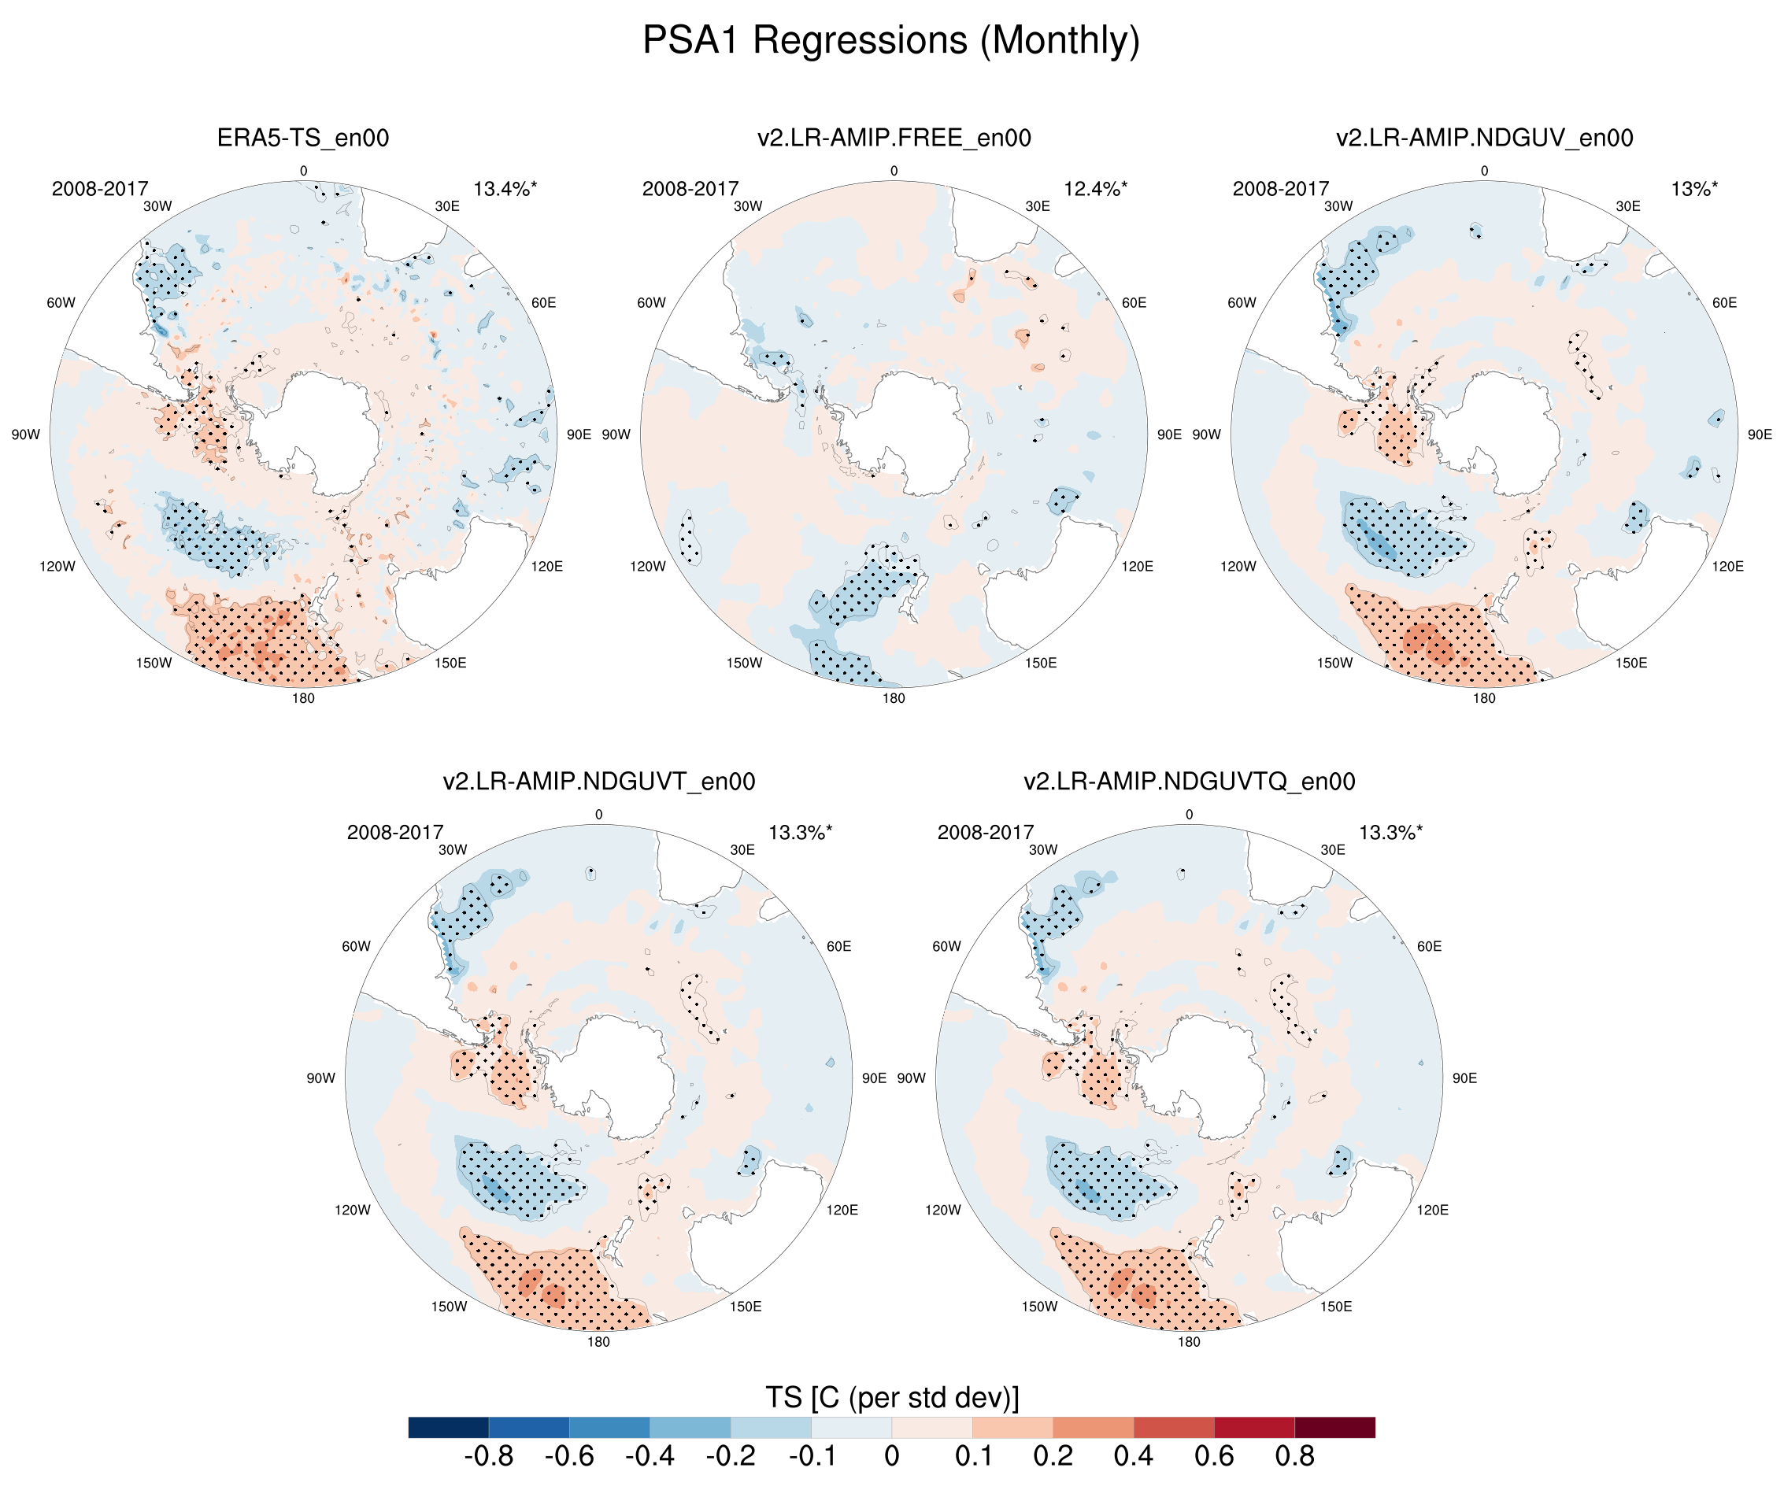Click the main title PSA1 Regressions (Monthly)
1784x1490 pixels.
890,41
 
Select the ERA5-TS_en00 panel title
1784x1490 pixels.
303,138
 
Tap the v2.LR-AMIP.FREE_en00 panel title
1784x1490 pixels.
894,138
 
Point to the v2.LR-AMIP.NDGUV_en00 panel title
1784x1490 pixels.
1484,138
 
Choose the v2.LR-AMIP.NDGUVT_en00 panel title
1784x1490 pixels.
599,782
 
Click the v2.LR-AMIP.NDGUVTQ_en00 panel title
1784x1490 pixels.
1190,782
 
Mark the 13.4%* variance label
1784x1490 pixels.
505,189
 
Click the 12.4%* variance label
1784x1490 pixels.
1095,189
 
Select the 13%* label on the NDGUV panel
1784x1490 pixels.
1694,189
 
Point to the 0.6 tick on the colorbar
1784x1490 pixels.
1214,1456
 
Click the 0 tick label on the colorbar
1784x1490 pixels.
892,1456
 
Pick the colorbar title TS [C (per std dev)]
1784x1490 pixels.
892,1397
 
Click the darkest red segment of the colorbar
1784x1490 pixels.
1334,1427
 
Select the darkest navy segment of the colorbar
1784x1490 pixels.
449,1427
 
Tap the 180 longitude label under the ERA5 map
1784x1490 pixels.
303,698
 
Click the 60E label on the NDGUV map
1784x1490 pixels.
1723,302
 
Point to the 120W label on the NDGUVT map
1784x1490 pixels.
353,1210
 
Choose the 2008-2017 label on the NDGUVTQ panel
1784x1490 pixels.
986,833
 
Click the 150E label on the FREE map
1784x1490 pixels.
1041,663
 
